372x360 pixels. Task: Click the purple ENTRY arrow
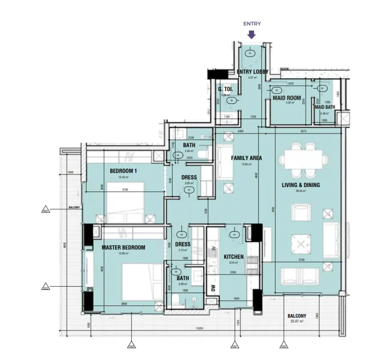pos(251,35)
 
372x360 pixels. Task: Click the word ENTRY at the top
pos(252,24)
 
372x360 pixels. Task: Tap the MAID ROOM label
pos(287,98)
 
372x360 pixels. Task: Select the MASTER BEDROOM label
pos(123,247)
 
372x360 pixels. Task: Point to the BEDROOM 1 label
pos(123,171)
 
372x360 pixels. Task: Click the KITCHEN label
pos(234,257)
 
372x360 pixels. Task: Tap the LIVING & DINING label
pos(300,185)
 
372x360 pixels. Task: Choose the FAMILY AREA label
pos(246,158)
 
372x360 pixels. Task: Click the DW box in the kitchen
pos(213,288)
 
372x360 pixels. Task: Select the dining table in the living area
pos(303,159)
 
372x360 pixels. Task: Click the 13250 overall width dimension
pos(199,328)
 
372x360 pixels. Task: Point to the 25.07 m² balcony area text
pos(297,322)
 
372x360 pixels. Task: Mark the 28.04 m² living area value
pos(300,190)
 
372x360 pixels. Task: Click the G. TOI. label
pos(225,89)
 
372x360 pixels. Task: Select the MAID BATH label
pos(324,107)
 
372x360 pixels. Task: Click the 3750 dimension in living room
pos(301,260)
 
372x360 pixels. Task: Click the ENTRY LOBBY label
pos(252,72)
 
